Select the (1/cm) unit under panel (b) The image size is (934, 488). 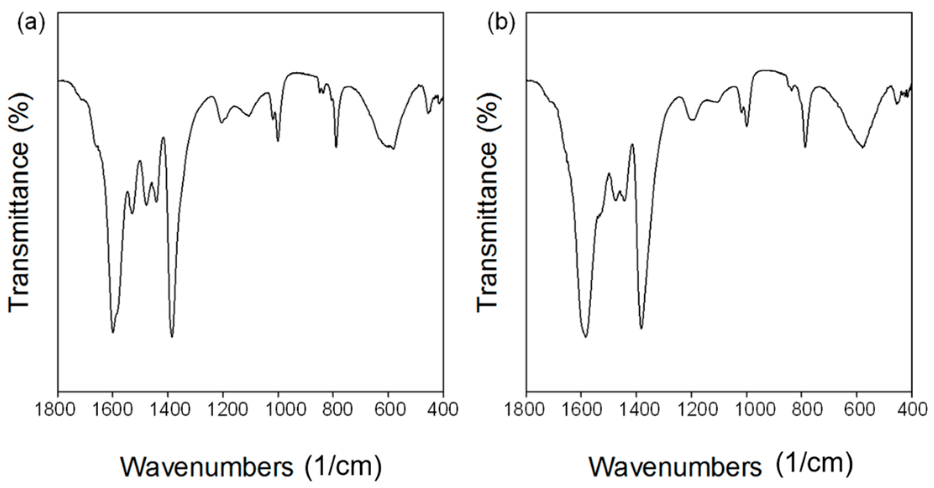tap(814, 463)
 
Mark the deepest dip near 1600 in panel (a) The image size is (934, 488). tap(113, 332)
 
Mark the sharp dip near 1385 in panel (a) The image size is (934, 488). tap(172, 336)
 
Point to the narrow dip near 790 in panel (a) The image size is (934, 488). tap(336, 146)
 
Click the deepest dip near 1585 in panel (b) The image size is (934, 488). tap(585, 336)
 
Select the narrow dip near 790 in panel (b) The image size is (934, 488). tap(805, 146)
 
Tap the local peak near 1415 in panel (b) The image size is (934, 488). tap(632, 144)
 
